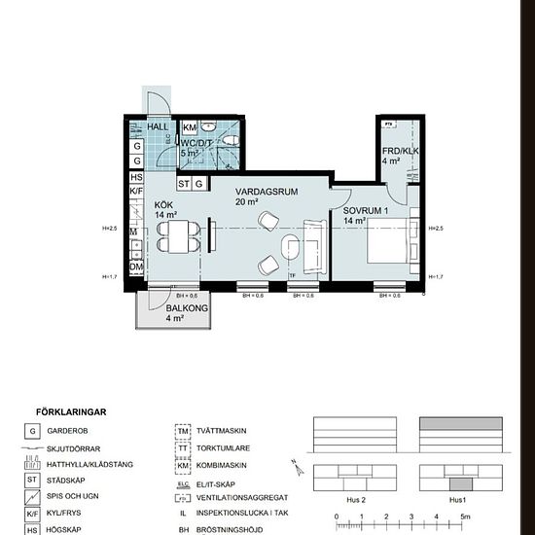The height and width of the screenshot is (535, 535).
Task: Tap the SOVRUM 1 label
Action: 365,210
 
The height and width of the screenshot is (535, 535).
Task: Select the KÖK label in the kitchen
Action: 163,203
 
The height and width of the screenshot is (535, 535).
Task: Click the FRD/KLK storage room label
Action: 399,151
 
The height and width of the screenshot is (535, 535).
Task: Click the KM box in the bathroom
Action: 190,128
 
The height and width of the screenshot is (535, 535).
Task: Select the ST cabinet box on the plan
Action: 184,183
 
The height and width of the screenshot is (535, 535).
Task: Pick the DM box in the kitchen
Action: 137,267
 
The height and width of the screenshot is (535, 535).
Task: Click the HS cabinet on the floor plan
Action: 137,178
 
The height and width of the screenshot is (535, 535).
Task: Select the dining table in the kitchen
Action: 176,234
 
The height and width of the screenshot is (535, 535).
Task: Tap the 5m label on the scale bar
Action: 465,517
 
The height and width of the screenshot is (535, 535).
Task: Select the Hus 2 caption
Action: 355,500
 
